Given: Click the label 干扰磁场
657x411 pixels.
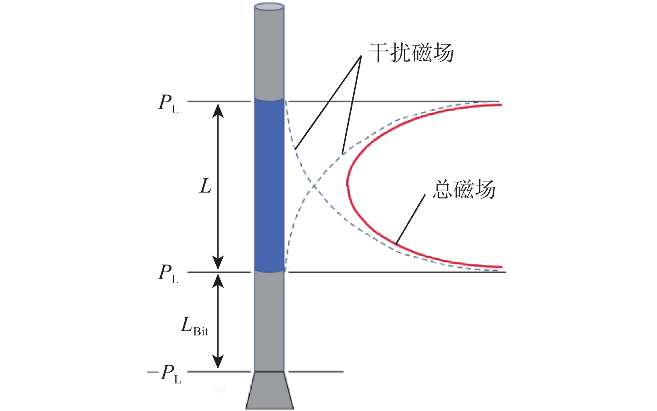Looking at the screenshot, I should pos(411,53).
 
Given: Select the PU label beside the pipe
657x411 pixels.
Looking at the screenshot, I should pos(168,103).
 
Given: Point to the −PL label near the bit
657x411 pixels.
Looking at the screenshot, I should pos(164,373).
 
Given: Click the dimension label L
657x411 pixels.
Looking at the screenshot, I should pos(206,186).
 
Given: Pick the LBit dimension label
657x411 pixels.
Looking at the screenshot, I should pos(194,326).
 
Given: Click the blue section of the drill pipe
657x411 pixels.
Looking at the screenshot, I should pos(269,186).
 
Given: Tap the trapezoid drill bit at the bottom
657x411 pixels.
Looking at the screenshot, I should pos(269,390).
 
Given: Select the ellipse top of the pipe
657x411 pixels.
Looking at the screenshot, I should pos(269,7).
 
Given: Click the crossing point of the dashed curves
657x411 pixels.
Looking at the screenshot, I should pos(313,185).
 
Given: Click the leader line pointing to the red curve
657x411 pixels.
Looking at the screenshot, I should pos(410,219).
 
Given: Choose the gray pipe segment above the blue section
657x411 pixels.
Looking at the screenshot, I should pos(269,54).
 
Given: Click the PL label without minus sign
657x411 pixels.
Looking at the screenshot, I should pos(168,274).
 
